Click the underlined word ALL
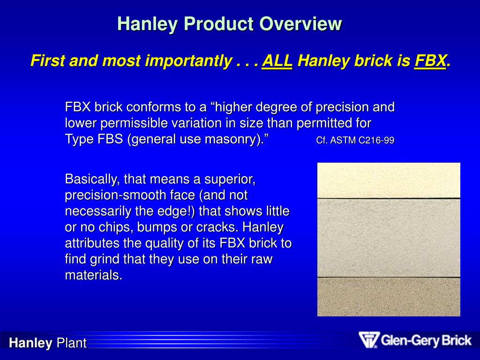click(x=277, y=61)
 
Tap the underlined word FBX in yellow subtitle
click(x=430, y=61)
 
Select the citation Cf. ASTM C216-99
click(x=355, y=140)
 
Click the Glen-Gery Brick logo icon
click(x=368, y=340)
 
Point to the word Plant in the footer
click(x=71, y=343)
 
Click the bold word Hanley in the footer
click(x=31, y=343)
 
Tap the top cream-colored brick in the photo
click(x=389, y=180)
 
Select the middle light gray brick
click(x=389, y=238)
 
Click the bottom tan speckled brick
click(x=389, y=297)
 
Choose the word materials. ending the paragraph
click(x=93, y=275)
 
